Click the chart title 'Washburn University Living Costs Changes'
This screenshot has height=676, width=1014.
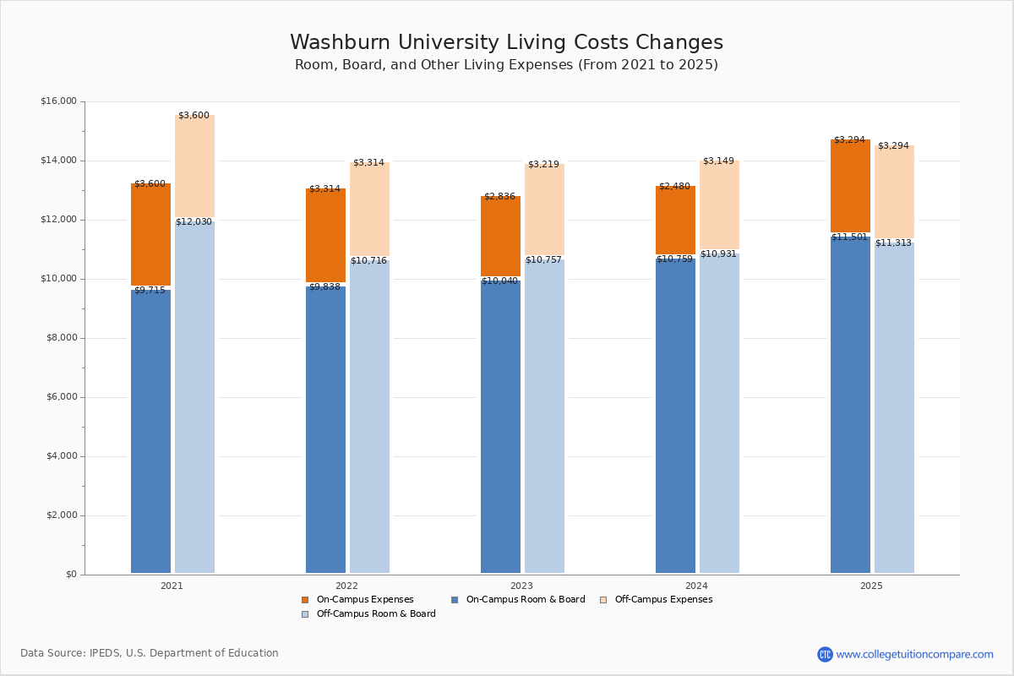(506, 43)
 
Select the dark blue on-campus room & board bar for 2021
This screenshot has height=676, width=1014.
(150, 431)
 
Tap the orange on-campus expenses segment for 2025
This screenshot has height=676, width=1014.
(850, 186)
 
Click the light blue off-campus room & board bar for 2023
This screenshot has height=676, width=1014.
(544, 414)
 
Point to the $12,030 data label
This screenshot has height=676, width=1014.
(194, 221)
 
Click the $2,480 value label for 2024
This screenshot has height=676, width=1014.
(674, 186)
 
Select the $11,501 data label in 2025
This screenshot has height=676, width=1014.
(849, 237)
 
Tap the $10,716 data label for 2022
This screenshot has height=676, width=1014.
(368, 260)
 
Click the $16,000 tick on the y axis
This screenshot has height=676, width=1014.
(58, 101)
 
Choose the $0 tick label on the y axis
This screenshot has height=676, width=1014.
(70, 575)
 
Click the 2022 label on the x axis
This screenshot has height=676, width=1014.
(346, 586)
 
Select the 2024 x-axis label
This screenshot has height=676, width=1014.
(696, 586)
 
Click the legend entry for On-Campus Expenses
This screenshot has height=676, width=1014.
(364, 600)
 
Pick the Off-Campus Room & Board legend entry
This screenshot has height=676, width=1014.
(375, 614)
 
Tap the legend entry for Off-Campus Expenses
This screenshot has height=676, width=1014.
(662, 600)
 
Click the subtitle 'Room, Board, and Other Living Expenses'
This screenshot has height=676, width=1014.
(506, 65)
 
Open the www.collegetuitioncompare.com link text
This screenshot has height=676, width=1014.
(914, 654)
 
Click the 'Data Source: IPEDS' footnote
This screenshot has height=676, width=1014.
(150, 653)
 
